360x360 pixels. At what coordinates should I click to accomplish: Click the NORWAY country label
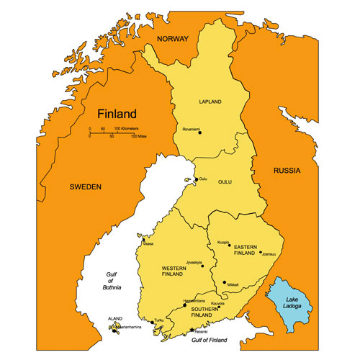(173, 39)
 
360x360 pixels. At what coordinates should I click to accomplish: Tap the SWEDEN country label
(86, 186)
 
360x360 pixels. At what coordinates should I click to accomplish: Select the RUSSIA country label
(286, 171)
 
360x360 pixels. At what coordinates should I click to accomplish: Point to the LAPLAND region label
(210, 102)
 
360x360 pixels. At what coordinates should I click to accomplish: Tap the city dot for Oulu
(196, 179)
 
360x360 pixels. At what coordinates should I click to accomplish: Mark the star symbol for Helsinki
(191, 330)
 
